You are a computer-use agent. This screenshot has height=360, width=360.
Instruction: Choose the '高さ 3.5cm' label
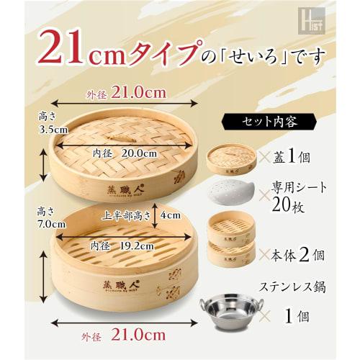34,122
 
